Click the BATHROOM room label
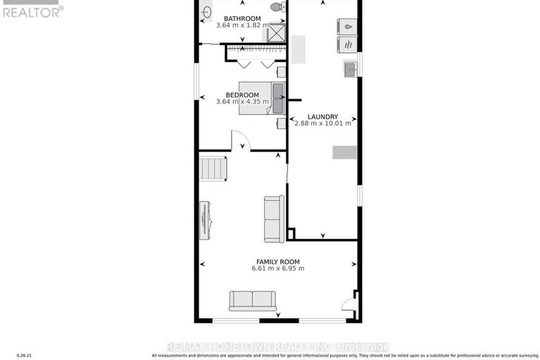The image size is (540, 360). pos(241,18)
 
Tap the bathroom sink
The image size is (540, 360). pos(207,12)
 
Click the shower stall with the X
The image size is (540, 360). pos(275,34)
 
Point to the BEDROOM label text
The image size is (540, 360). pos(243,95)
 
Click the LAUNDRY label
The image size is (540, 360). pos(322,117)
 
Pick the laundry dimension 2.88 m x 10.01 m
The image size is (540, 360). pos(322,124)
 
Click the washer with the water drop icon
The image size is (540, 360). pos(347,27)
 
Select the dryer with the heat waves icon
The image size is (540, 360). pos(347,45)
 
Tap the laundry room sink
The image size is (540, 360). pos(350,68)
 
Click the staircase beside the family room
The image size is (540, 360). pos(212,169)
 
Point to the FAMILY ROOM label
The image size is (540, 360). pos(278,261)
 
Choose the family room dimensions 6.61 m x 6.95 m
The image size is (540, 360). pos(278,268)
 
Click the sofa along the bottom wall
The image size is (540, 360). pos(251,300)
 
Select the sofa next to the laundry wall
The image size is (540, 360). pos(274,219)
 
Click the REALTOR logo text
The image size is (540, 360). pos(32,11)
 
